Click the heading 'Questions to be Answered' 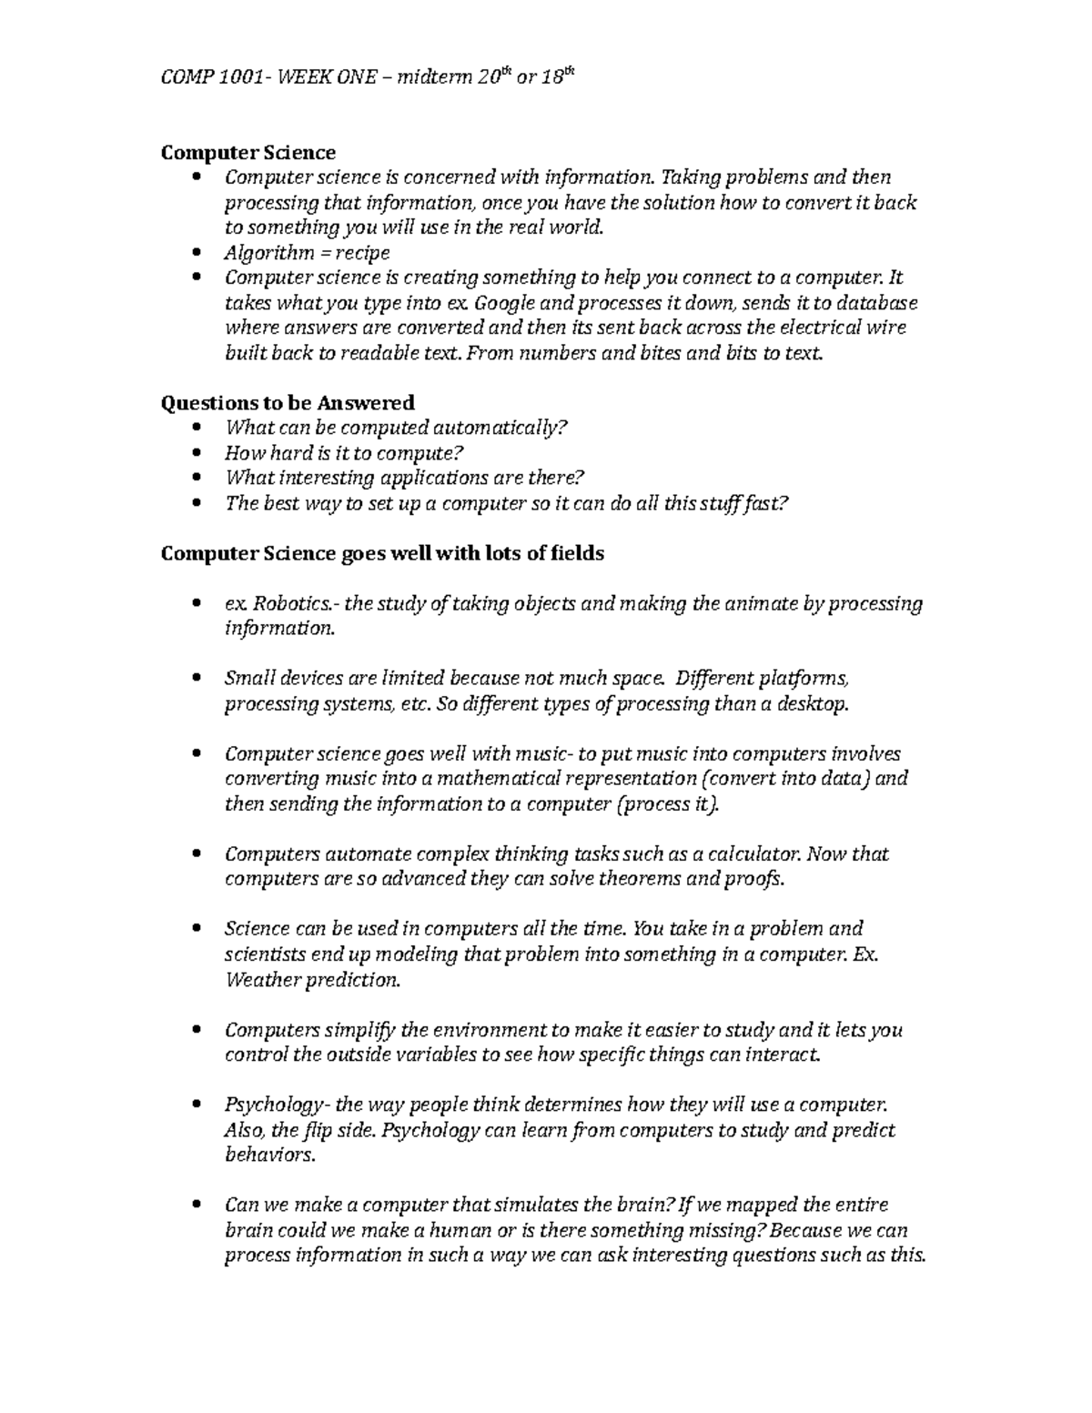pyautogui.click(x=287, y=402)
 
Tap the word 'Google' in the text pyautogui.click(x=505, y=303)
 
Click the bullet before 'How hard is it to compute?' pyautogui.click(x=199, y=453)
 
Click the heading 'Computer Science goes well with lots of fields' pyautogui.click(x=382, y=553)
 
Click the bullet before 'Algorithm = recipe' pyautogui.click(x=199, y=253)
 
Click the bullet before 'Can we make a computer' pyautogui.click(x=199, y=1206)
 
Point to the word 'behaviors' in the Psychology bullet pyautogui.click(x=268, y=1156)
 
